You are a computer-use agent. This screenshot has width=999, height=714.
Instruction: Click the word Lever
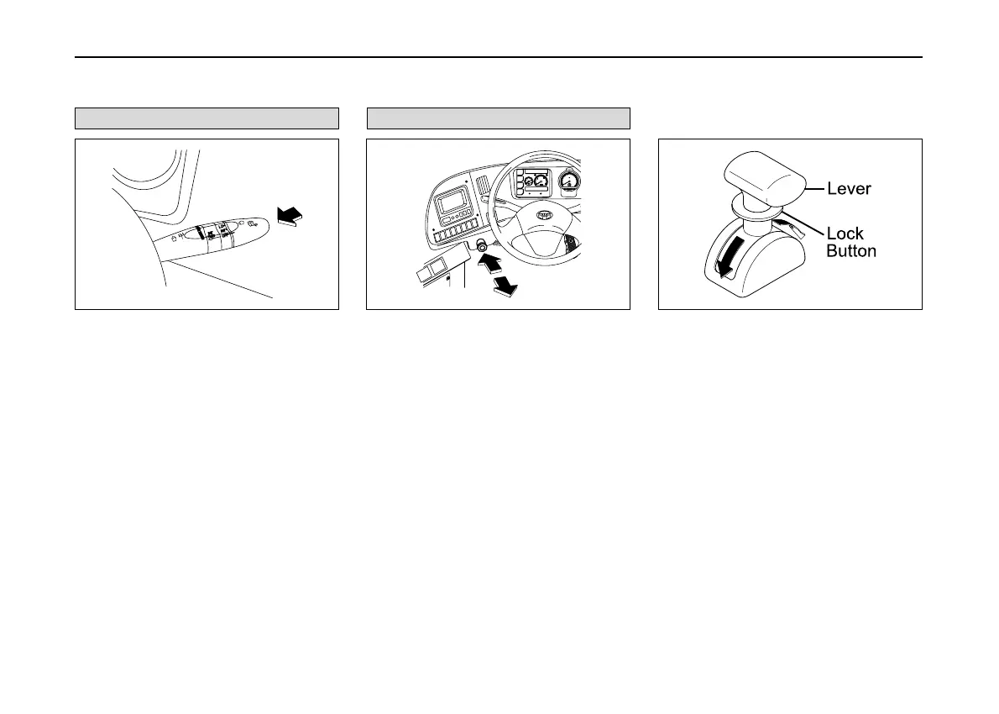849,189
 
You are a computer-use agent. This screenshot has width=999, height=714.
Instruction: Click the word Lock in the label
845,234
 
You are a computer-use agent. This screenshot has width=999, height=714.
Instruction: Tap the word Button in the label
851,250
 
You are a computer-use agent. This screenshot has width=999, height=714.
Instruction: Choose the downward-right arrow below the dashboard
504,286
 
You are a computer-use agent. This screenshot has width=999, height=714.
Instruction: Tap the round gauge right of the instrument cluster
571,181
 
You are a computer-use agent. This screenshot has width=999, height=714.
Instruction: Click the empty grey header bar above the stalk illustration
207,118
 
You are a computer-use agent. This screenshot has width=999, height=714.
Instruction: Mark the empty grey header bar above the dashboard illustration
498,118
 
